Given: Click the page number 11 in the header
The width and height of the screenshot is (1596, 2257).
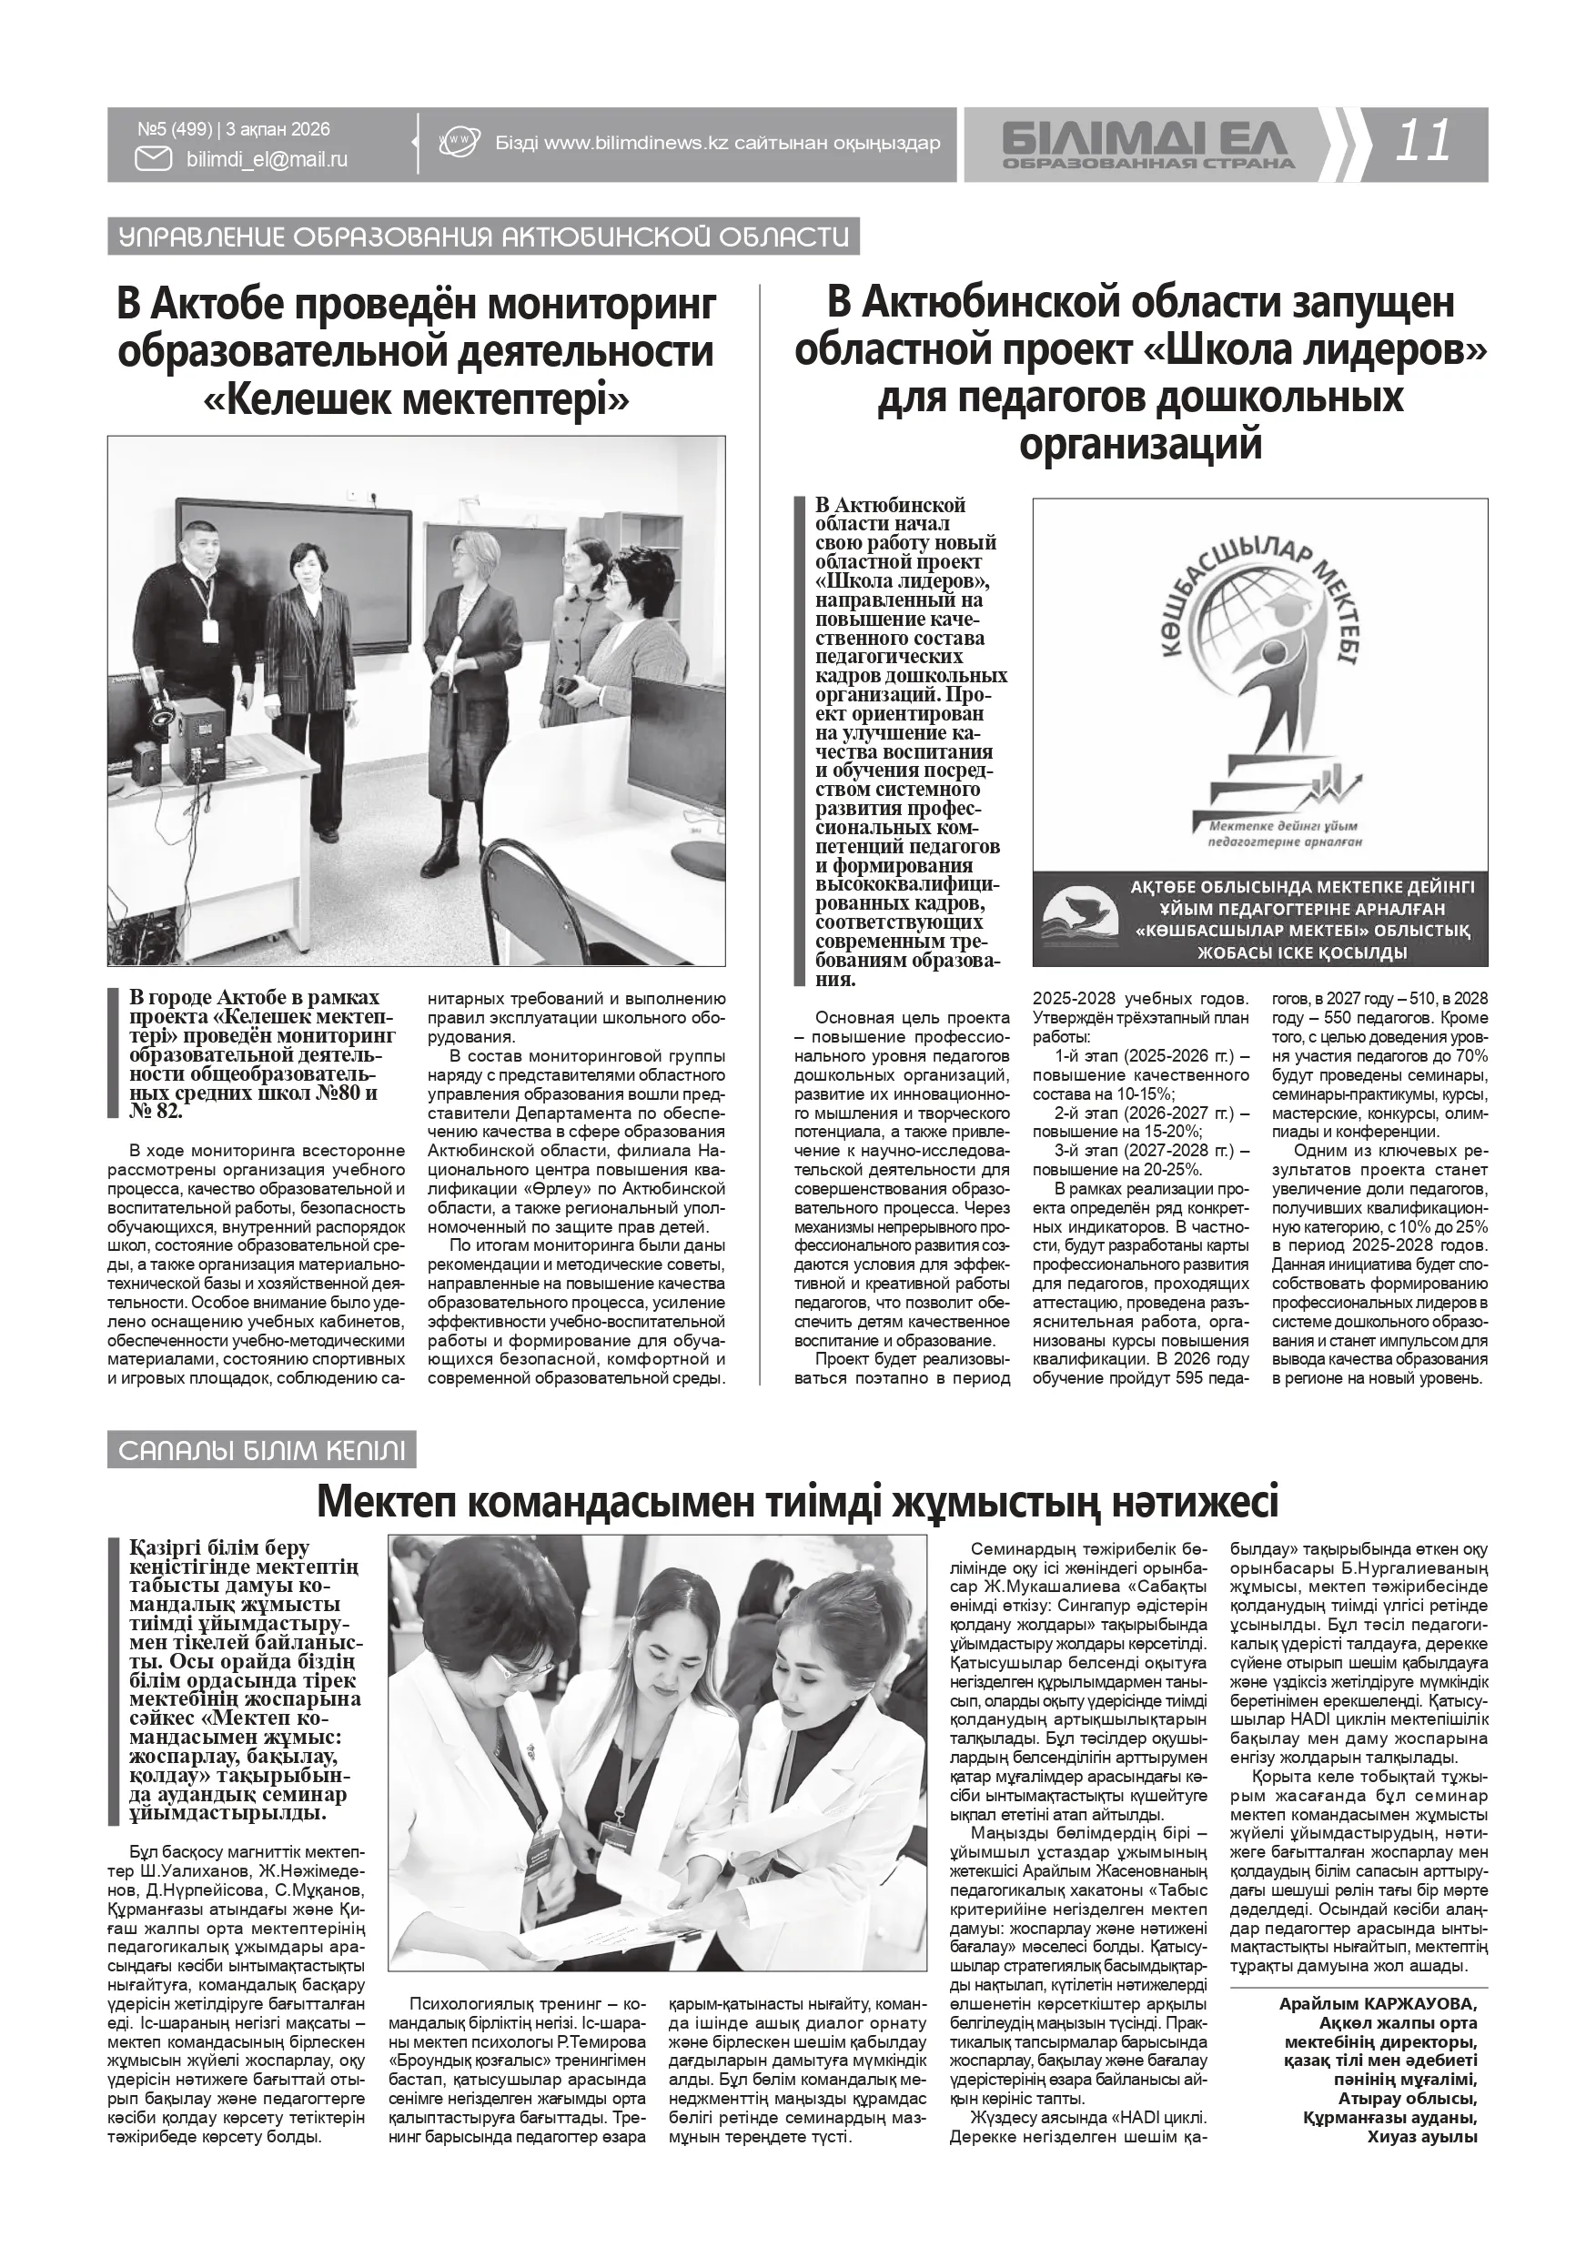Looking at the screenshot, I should (1423, 142).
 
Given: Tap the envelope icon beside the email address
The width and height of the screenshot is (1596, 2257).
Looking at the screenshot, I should (153, 158).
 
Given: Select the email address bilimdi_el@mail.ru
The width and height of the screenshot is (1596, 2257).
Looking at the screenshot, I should (267, 159).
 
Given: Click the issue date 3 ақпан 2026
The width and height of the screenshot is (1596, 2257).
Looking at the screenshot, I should (278, 129).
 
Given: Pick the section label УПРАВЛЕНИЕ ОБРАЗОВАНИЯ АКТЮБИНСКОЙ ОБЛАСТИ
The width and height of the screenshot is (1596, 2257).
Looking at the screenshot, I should (483, 237).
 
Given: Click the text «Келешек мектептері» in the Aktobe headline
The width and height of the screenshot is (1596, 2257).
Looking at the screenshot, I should (416, 399).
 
